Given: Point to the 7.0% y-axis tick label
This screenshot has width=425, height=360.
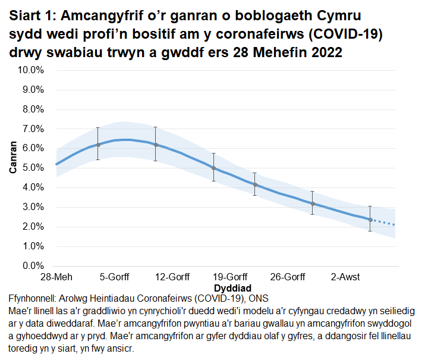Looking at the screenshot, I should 33,129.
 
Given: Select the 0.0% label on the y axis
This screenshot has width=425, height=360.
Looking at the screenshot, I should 33,266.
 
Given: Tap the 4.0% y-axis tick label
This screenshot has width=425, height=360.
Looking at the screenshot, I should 33,187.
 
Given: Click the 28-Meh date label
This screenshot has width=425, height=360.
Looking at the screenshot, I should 56,277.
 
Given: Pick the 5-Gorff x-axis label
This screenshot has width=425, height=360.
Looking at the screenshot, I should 114,277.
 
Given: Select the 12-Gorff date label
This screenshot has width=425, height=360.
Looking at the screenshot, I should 172,277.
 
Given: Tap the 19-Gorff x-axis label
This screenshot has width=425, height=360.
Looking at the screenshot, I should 230,277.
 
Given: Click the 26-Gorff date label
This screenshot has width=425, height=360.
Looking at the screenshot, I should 288,277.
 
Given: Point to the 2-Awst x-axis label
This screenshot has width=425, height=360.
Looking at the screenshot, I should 346,277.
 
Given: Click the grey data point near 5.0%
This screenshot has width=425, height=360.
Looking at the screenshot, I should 213,168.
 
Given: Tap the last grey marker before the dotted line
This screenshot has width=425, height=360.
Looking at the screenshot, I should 370,220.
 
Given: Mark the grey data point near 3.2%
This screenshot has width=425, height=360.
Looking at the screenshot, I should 313,204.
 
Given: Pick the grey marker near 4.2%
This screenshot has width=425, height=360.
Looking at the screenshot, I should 254,184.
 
